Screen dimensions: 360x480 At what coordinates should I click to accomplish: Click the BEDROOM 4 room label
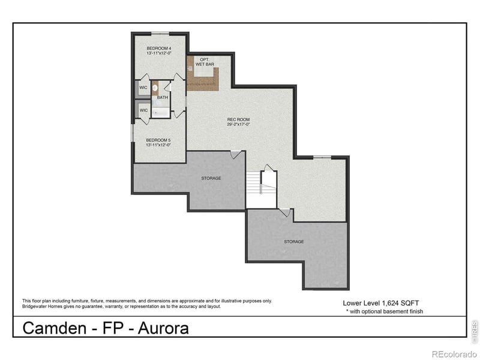point(159,48)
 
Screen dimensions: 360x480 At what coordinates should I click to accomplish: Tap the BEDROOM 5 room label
point(158,140)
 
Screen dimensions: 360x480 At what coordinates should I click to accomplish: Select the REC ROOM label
point(238,119)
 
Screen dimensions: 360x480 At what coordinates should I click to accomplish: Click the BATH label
point(163,97)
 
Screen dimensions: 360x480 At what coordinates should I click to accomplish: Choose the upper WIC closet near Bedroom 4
point(143,88)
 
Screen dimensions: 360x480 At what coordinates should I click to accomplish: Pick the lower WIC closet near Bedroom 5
point(143,110)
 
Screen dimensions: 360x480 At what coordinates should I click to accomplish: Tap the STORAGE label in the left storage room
point(211,178)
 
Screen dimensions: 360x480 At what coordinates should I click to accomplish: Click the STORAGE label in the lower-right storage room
point(294,241)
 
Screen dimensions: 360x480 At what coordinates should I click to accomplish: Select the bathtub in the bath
point(160,112)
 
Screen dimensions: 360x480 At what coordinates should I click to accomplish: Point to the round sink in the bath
point(154,88)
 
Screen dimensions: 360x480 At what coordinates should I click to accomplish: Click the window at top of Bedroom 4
point(160,33)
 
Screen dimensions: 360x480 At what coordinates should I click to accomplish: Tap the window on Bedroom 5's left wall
point(133,133)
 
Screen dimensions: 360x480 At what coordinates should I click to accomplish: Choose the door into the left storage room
point(237,155)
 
